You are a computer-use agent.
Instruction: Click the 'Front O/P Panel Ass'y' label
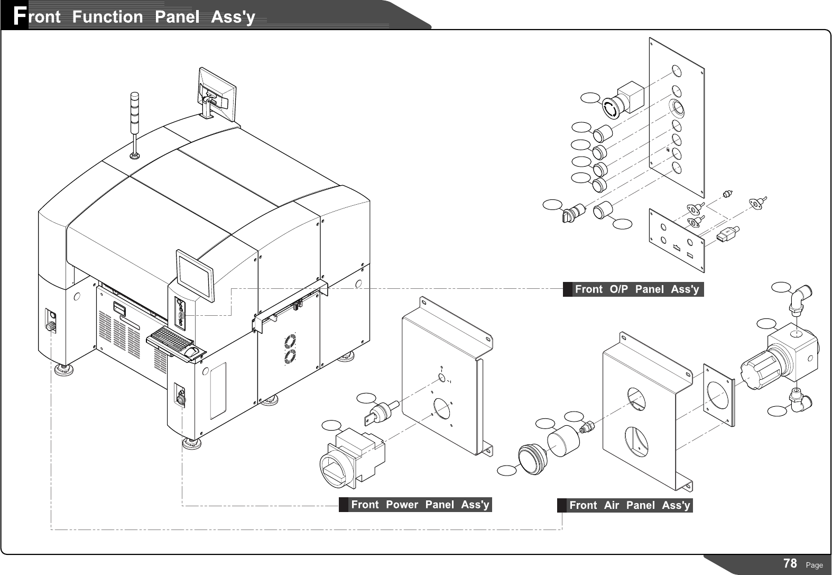(x=636, y=289)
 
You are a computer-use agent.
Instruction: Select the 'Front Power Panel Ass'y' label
(x=419, y=505)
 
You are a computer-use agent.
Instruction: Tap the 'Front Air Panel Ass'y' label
(x=629, y=505)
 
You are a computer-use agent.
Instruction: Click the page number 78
(x=790, y=563)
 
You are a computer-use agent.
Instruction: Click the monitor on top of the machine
(x=217, y=95)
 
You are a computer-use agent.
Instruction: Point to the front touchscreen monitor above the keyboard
(x=195, y=274)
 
